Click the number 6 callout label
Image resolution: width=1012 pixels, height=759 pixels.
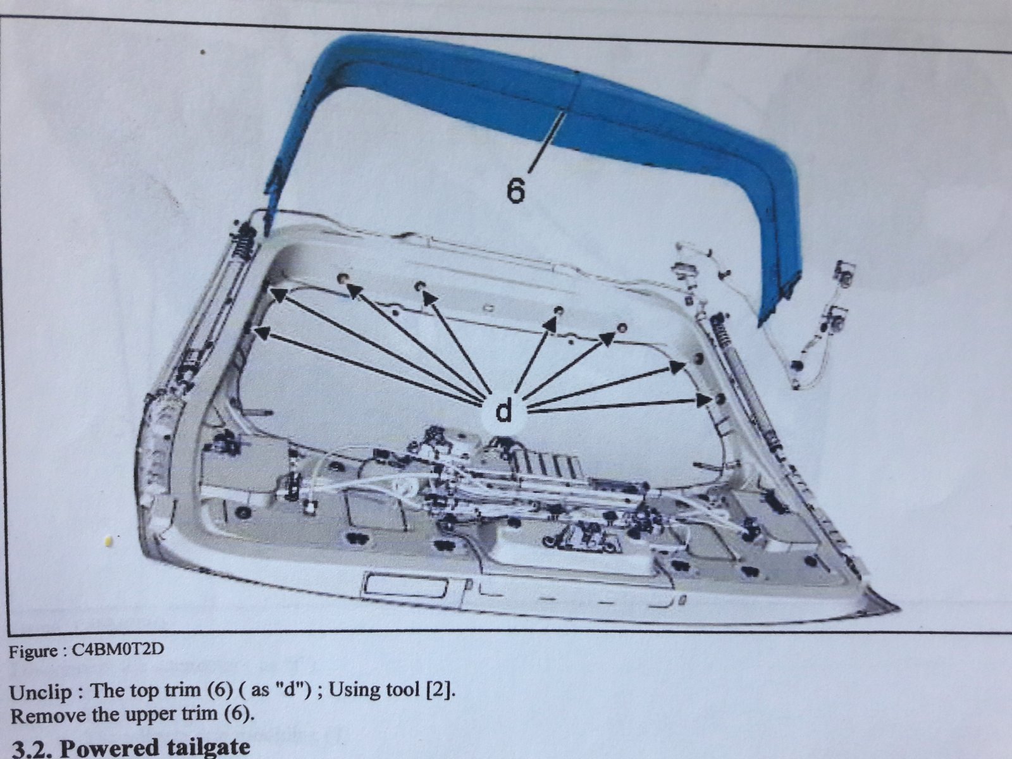point(515,190)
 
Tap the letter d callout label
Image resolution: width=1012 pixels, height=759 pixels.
point(503,410)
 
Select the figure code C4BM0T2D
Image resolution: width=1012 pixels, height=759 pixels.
point(118,650)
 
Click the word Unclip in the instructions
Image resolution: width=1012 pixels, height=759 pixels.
point(40,692)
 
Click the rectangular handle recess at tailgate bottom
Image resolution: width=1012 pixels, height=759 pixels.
point(406,584)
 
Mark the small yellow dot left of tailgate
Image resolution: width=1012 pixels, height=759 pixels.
point(109,541)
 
